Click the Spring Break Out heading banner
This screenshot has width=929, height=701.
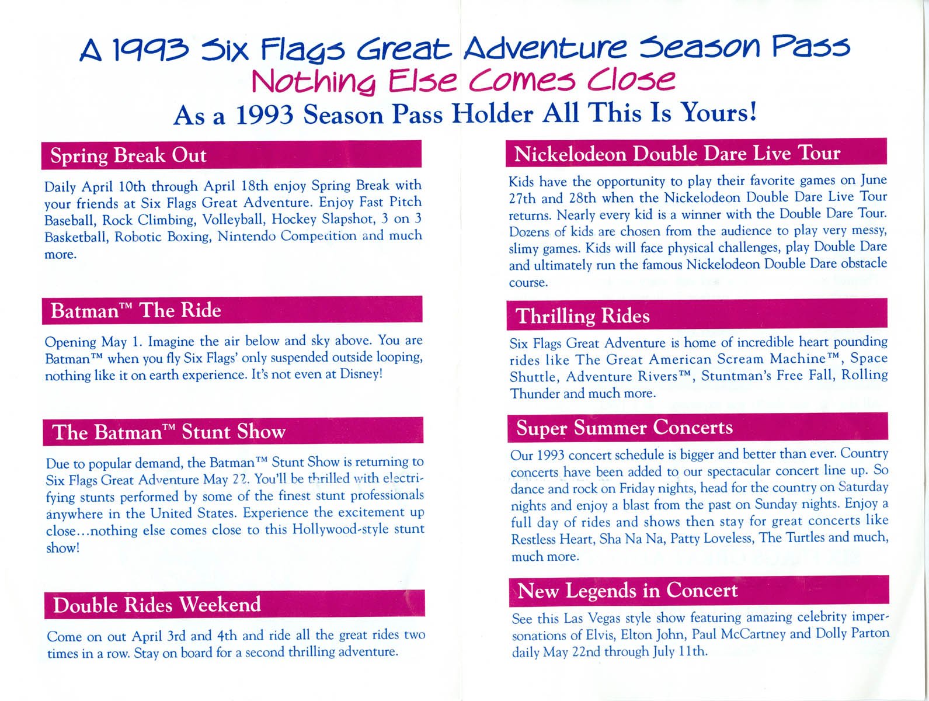[x=231, y=155]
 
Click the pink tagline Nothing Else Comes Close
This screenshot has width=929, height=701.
[x=463, y=81]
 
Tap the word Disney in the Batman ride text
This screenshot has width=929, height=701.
[x=360, y=374]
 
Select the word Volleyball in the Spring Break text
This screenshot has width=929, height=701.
[x=234, y=219]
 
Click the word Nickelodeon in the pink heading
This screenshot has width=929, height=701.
[x=570, y=154]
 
